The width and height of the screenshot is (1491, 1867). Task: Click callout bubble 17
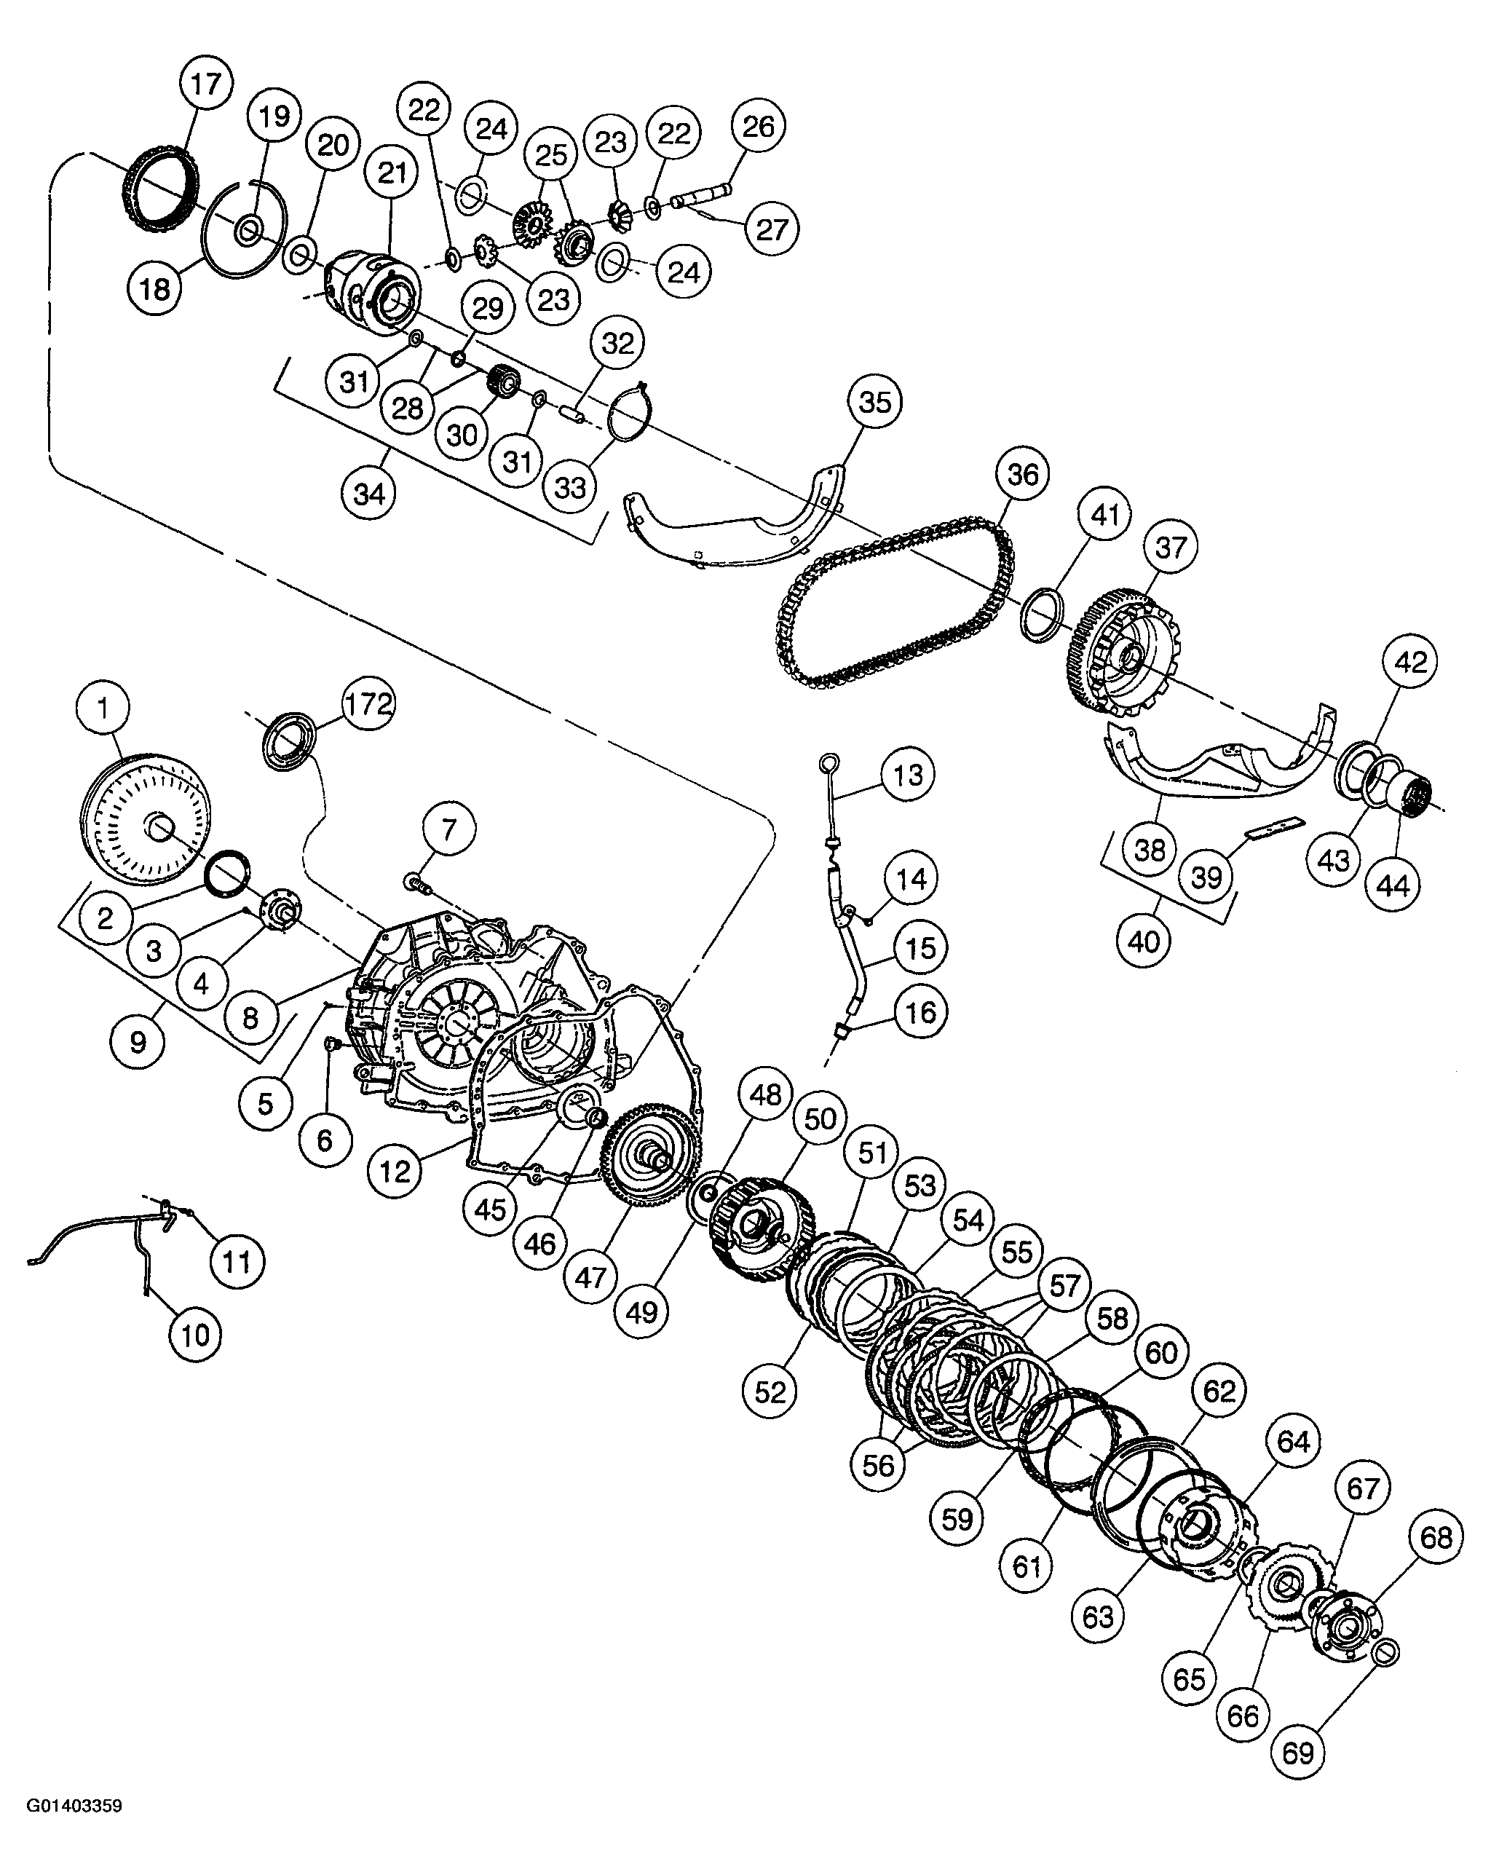click(206, 84)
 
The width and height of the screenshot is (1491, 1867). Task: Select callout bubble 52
click(770, 1392)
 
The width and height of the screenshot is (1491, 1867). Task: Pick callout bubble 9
click(138, 1041)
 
